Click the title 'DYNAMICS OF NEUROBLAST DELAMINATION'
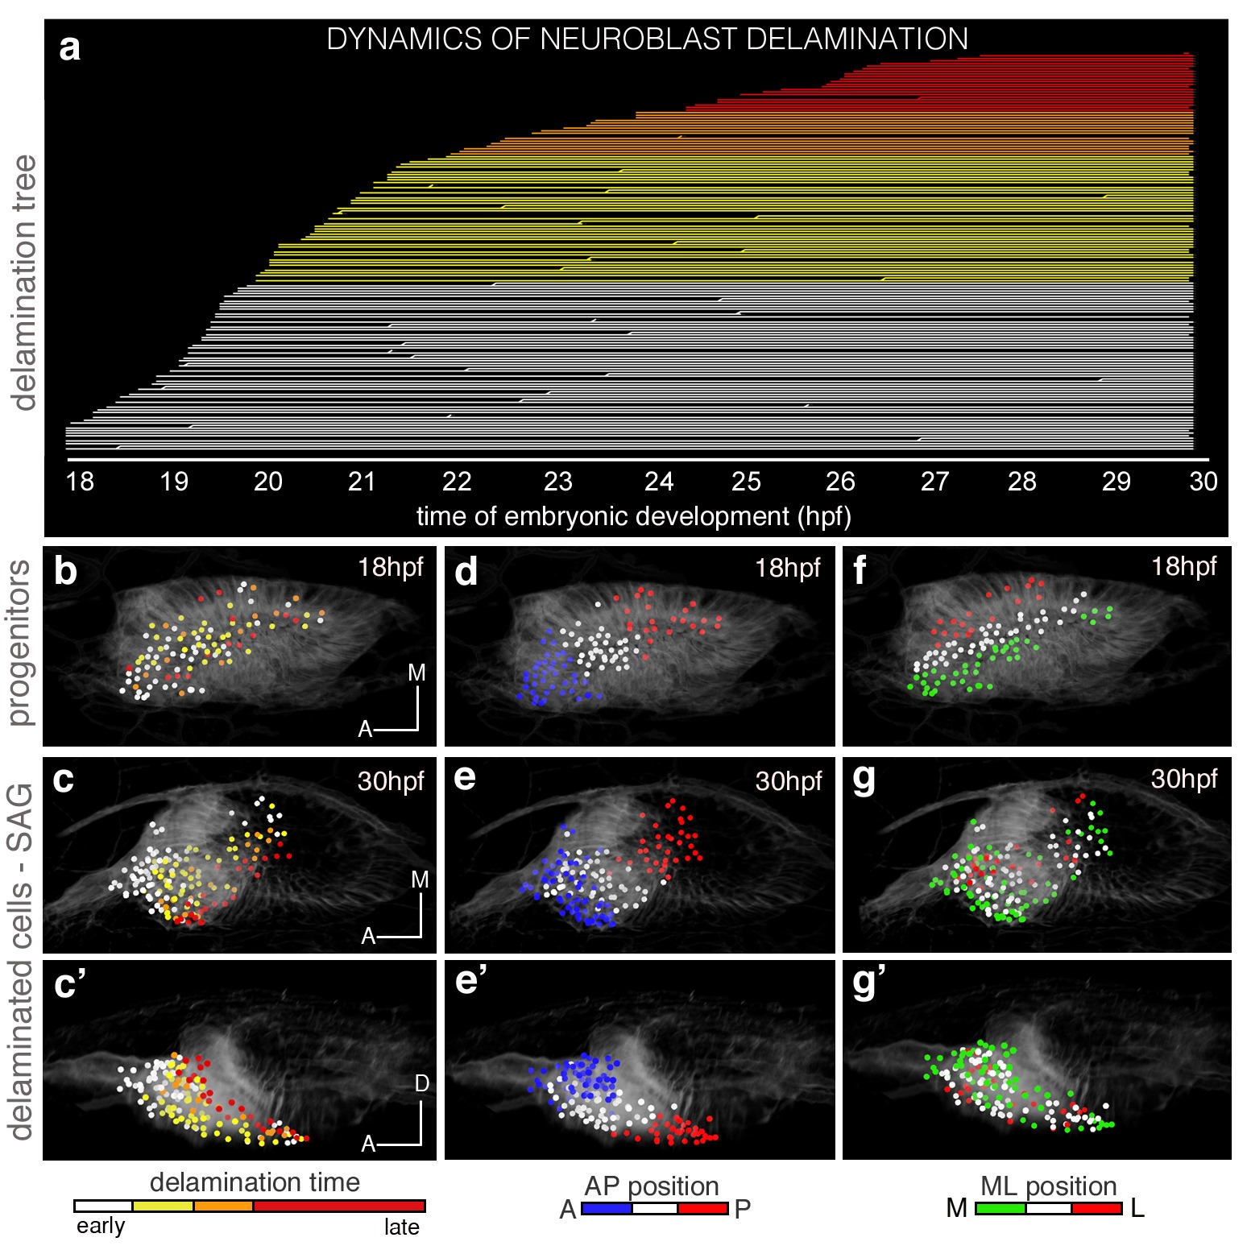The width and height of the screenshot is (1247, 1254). click(647, 39)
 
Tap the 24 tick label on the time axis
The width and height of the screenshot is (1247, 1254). click(658, 482)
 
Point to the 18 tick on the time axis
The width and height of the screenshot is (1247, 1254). click(80, 482)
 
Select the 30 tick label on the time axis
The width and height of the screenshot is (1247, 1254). click(1203, 482)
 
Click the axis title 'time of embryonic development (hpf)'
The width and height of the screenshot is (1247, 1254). click(633, 516)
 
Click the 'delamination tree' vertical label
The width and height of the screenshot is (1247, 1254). click(25, 282)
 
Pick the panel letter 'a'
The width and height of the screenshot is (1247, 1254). click(70, 48)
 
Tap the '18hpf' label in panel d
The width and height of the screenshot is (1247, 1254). click(787, 569)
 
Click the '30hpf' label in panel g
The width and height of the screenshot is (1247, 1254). click(1183, 779)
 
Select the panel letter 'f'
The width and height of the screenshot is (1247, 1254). click(860, 570)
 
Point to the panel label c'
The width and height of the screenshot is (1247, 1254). click(70, 984)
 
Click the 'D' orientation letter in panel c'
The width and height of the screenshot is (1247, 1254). click(421, 1084)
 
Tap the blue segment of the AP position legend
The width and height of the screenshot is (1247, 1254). click(606, 1209)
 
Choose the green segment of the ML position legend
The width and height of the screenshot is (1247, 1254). click(1000, 1209)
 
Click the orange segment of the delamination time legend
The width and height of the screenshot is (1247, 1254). click(223, 1206)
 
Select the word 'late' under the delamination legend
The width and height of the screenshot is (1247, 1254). click(401, 1227)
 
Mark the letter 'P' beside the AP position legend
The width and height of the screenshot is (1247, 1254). click(743, 1210)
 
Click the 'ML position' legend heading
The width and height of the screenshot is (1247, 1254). click(1048, 1186)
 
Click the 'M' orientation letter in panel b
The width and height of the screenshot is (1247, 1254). click(416, 673)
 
